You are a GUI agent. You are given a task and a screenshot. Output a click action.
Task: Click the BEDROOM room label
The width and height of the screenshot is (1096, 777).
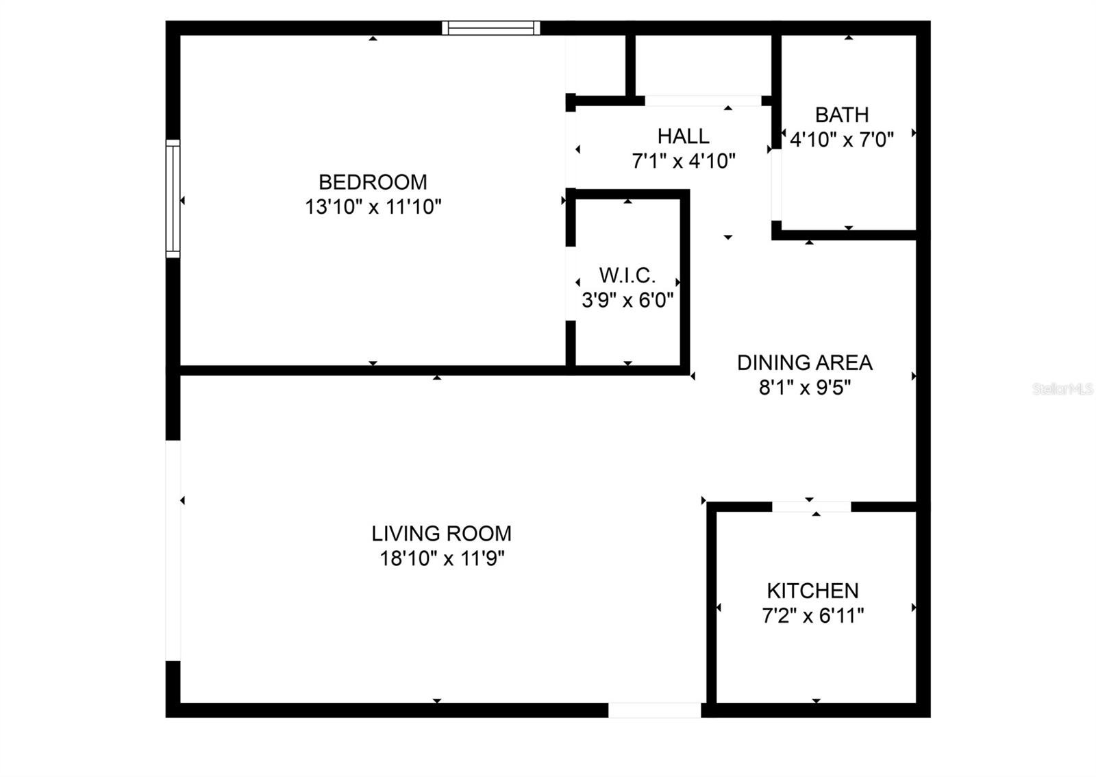(373, 182)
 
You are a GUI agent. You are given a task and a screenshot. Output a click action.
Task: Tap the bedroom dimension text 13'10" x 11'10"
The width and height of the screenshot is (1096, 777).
(373, 206)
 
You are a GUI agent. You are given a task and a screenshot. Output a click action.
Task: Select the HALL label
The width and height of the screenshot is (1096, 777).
(683, 136)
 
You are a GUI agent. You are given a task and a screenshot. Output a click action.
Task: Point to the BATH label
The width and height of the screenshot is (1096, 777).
(842, 114)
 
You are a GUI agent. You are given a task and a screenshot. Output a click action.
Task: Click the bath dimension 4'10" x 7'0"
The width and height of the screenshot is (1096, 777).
(842, 140)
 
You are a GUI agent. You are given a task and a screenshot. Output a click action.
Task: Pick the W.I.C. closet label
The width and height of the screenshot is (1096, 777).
(627, 275)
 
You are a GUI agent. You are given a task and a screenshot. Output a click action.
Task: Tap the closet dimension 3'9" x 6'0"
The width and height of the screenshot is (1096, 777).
(627, 300)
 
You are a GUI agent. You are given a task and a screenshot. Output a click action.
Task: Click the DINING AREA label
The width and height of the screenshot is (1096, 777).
(805, 362)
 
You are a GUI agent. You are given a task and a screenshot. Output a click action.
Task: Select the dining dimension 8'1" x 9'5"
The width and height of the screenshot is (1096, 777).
(805, 388)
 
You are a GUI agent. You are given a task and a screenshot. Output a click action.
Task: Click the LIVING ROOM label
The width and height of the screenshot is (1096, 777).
(441, 533)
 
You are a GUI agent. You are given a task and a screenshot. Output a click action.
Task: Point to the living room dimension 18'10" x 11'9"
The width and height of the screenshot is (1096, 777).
(442, 558)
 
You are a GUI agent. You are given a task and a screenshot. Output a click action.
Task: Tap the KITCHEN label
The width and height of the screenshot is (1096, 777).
(812, 591)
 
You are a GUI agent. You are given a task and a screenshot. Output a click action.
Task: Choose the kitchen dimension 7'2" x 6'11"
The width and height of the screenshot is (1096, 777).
(812, 615)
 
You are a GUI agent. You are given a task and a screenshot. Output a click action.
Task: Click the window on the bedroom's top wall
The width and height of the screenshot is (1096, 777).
(490, 28)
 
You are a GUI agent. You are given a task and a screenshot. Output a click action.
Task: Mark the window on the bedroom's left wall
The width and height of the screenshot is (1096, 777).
(173, 199)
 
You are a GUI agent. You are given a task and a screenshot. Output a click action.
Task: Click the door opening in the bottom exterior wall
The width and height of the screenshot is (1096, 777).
(655, 711)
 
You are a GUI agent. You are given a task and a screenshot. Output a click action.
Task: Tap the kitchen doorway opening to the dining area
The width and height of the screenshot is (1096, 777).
(812, 507)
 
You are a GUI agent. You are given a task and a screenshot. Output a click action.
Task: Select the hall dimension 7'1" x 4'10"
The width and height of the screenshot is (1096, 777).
(684, 160)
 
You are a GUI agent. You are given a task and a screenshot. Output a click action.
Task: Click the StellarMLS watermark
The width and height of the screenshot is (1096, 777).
(1062, 389)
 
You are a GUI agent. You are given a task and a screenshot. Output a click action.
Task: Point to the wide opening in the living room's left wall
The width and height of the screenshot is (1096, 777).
(173, 551)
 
